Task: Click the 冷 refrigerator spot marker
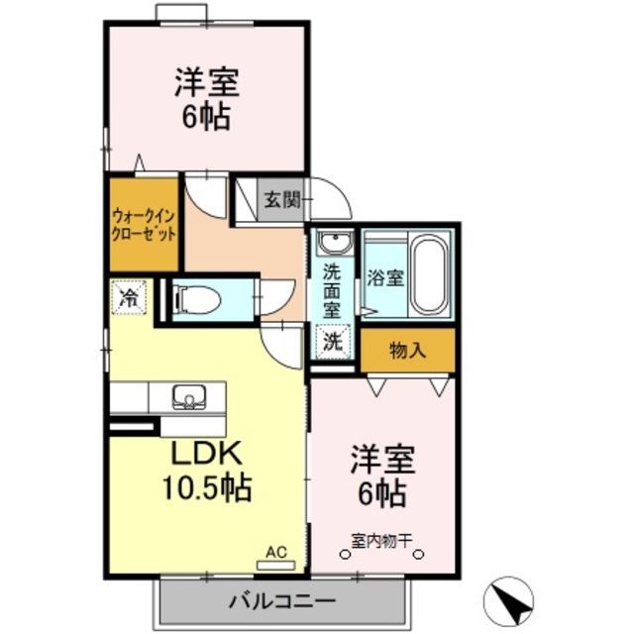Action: (x=128, y=296)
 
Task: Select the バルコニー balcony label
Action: (x=282, y=600)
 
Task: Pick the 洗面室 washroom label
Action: (x=334, y=287)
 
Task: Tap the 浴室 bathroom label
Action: (x=385, y=276)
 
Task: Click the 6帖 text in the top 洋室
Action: (x=206, y=117)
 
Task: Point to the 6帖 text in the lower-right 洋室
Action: (x=380, y=492)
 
